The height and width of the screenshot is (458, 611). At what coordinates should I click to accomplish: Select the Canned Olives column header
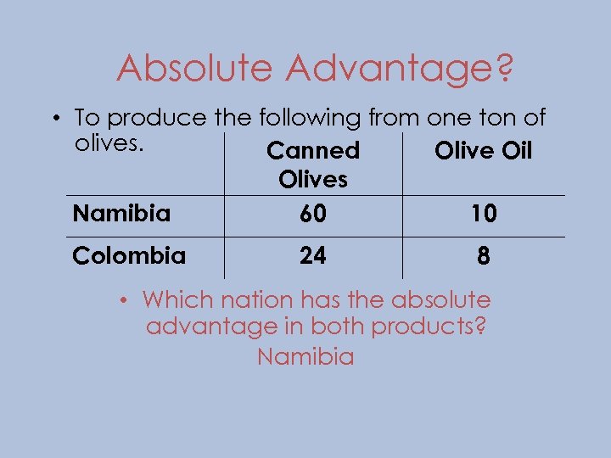tap(313, 165)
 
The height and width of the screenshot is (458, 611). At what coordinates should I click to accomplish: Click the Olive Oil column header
tap(483, 151)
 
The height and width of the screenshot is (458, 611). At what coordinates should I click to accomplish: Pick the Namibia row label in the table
tap(121, 213)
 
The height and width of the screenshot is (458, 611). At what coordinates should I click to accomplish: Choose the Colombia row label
tap(129, 254)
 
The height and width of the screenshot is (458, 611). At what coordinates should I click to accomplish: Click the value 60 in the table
tap(312, 215)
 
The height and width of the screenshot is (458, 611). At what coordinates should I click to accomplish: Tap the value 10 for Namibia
tap(483, 215)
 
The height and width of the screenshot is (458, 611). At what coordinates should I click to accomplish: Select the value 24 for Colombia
tap(312, 255)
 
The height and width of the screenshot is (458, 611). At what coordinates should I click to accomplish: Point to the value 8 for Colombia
tap(483, 256)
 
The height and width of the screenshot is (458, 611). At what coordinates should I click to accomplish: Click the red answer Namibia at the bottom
tap(305, 356)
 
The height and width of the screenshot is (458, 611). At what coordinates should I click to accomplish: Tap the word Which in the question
tap(175, 299)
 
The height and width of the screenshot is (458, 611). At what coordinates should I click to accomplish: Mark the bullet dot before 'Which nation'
tap(124, 300)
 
